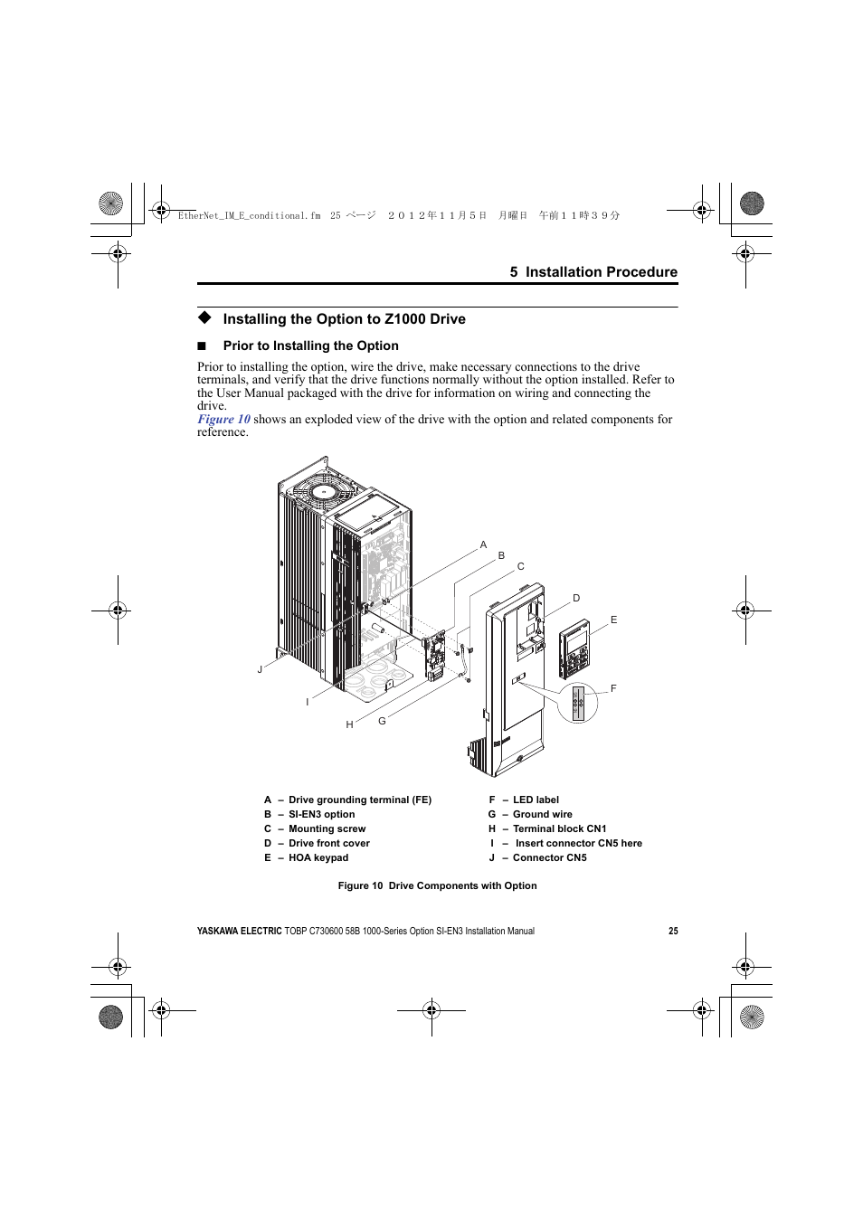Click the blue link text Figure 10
(x=223, y=420)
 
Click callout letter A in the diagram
(x=483, y=544)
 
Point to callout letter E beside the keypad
(x=613, y=620)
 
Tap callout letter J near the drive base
(x=260, y=669)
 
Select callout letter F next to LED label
(x=613, y=688)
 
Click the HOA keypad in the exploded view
(x=574, y=648)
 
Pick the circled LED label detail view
(x=578, y=704)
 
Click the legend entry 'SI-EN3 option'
(x=321, y=814)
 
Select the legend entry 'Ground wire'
(x=542, y=814)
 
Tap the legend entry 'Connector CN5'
(x=549, y=857)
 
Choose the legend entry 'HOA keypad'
(x=318, y=857)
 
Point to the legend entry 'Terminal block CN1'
(x=559, y=828)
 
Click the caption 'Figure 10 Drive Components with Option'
(x=437, y=885)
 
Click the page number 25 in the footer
(x=673, y=931)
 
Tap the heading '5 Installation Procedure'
(x=593, y=272)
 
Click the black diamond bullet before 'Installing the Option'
(x=204, y=317)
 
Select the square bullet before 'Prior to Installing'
(x=203, y=345)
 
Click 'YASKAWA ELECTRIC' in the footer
(x=239, y=931)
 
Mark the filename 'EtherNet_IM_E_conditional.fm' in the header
(x=249, y=216)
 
